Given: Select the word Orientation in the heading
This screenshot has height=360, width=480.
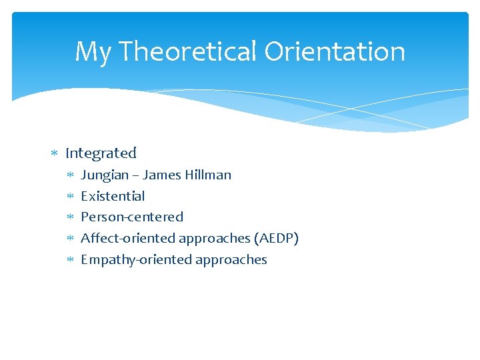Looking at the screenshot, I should tap(335, 51).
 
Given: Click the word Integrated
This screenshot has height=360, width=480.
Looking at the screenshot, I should tap(101, 153).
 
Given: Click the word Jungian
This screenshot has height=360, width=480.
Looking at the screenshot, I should tap(105, 175).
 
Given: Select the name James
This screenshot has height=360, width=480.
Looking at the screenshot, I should tap(161, 175).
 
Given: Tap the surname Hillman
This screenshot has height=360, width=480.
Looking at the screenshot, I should tap(207, 175).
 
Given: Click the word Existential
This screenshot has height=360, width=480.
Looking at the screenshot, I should tap(113, 196).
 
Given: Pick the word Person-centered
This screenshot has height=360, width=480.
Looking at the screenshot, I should tap(132, 217).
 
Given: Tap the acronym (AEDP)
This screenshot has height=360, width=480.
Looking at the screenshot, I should tap(275, 238).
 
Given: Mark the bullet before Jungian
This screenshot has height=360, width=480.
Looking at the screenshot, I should tap(71, 175).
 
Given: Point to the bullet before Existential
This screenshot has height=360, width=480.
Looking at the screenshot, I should tap(71, 197).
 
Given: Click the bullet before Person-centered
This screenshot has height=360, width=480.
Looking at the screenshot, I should tap(71, 217).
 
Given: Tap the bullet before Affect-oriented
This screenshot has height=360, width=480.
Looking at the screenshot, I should tap(71, 239).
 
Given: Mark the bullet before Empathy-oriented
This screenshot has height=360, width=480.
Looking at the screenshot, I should tap(71, 260).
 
